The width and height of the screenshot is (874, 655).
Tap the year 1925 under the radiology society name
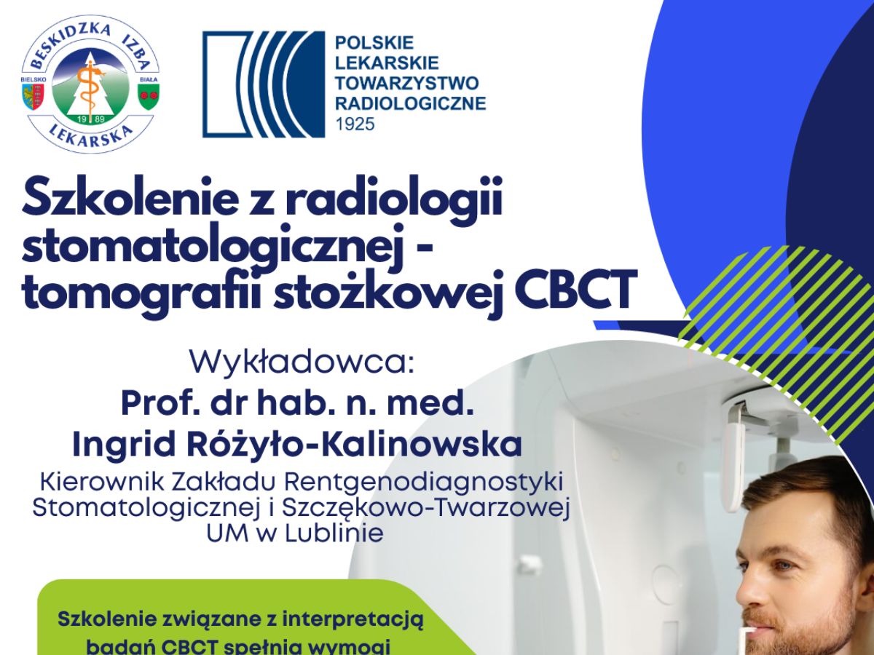tap(355, 124)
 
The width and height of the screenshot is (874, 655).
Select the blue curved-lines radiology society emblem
tap(263, 84)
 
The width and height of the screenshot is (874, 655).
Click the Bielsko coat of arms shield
tap(34, 94)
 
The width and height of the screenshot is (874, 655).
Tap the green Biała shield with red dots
tap(149, 94)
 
